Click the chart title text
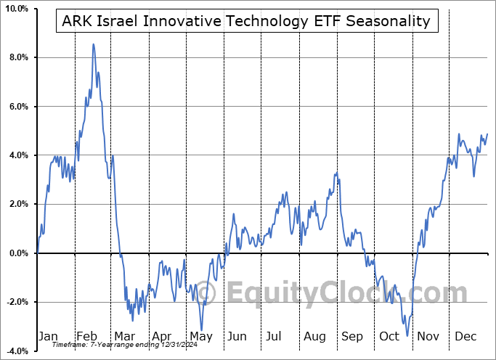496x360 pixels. (x=246, y=21)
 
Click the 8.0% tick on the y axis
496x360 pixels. (x=17, y=57)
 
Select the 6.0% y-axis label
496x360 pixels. (x=17, y=107)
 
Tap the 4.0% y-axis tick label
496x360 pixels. (x=17, y=155)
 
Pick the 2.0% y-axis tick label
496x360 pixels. (x=17, y=205)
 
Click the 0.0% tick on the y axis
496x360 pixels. (x=17, y=253)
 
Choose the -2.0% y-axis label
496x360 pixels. (x=15, y=302)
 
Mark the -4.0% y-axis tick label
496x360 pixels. (x=15, y=351)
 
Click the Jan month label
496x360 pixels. (x=48, y=337)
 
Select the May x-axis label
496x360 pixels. (x=201, y=337)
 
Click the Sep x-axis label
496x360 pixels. (x=353, y=337)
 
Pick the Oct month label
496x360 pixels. (x=390, y=337)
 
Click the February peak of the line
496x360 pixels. (x=93, y=44)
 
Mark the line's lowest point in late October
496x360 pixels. (x=407, y=336)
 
